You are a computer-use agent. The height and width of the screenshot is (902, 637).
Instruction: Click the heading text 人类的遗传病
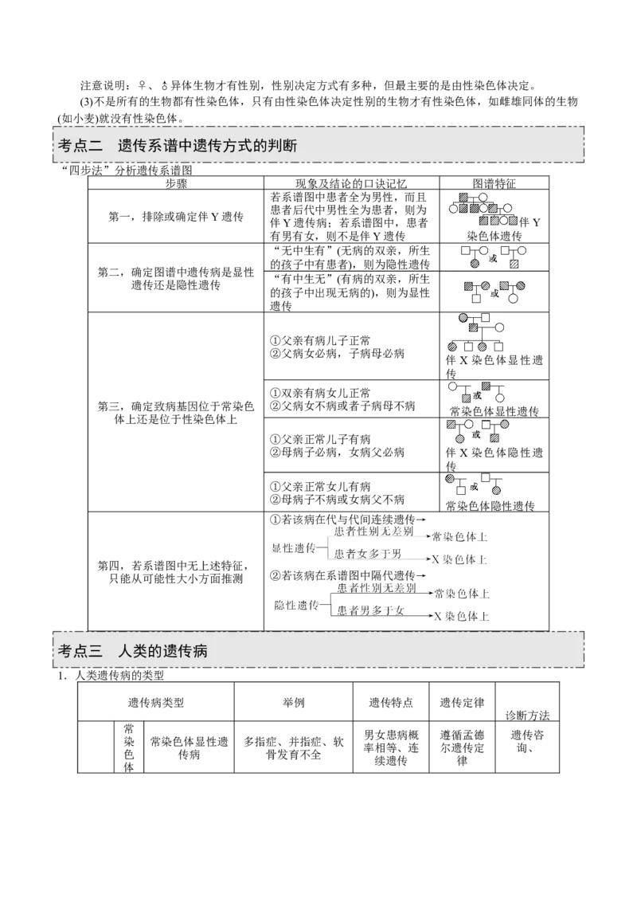(x=162, y=649)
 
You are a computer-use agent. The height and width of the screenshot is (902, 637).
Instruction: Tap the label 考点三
(x=81, y=649)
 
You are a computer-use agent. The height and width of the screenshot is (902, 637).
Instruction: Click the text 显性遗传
(x=294, y=548)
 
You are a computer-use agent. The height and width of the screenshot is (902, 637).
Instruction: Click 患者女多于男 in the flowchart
(x=367, y=554)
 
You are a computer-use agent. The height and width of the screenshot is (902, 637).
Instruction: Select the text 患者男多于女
(x=371, y=610)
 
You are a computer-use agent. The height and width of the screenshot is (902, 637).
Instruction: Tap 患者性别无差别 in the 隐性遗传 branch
(x=376, y=589)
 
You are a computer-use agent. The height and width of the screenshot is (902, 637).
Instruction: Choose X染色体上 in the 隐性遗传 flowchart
(x=461, y=616)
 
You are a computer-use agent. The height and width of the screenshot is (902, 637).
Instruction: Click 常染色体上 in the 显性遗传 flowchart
(x=459, y=536)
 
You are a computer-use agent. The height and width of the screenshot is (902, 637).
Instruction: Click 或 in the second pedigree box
(x=492, y=258)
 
